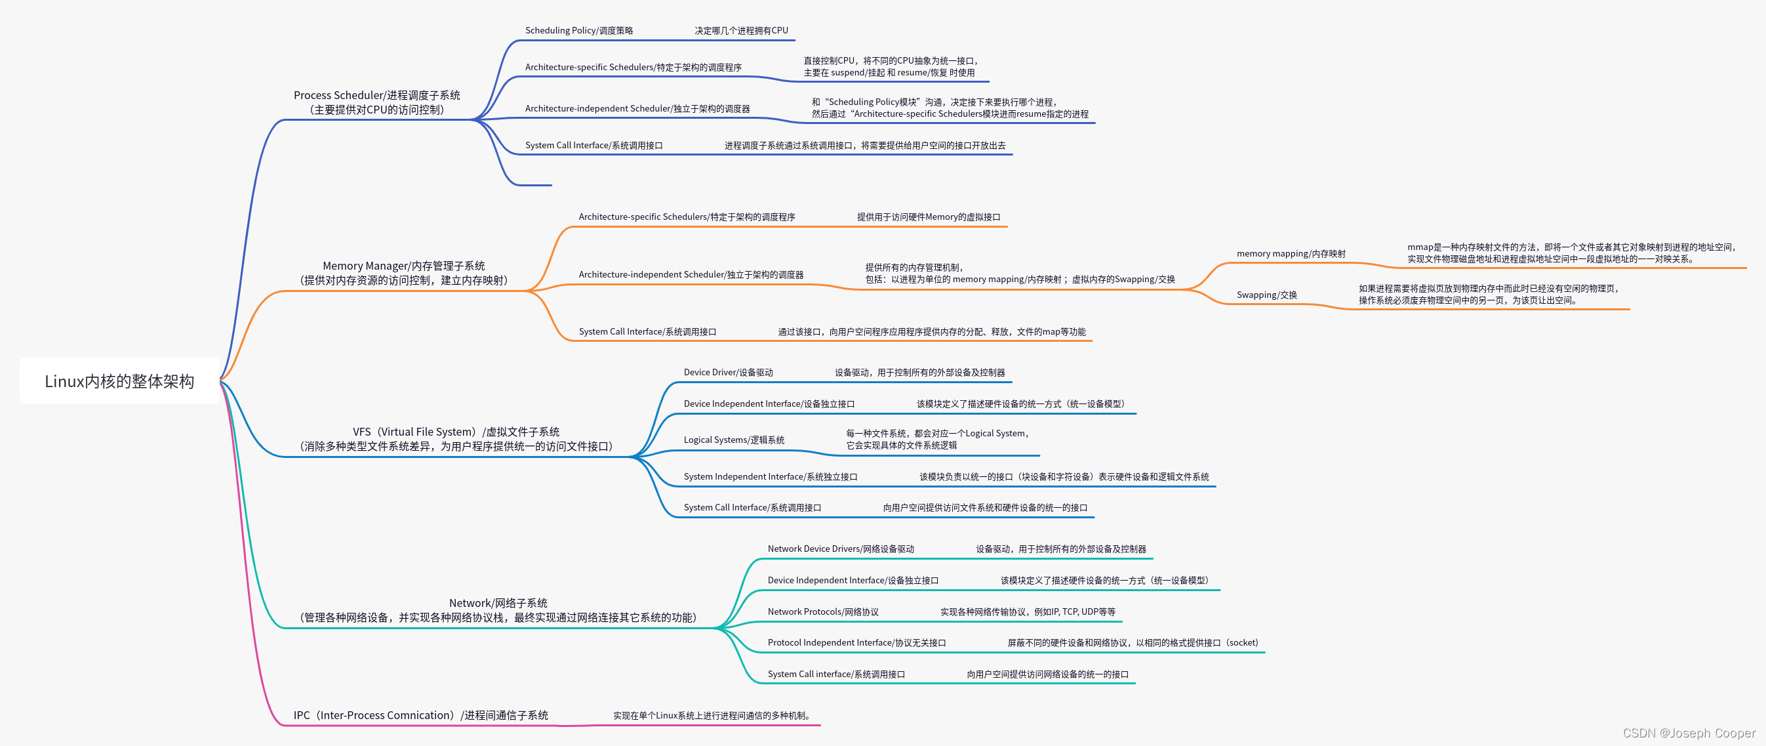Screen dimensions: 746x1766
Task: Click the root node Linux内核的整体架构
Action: tap(119, 381)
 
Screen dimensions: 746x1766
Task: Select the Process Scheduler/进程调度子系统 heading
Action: tap(376, 95)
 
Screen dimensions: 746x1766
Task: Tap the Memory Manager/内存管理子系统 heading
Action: tap(403, 266)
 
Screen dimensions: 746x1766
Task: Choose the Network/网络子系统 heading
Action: tap(498, 604)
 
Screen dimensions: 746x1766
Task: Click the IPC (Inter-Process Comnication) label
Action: tap(420, 715)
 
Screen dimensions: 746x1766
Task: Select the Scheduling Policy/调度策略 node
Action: tap(578, 31)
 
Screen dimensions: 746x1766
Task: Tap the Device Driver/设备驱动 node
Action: tap(728, 372)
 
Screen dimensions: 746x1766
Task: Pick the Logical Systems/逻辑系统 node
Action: tap(734, 440)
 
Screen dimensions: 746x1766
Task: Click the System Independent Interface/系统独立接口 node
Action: tap(770, 476)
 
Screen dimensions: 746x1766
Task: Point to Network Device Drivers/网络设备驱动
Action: tap(841, 549)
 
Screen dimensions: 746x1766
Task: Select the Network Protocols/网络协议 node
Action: tap(823, 611)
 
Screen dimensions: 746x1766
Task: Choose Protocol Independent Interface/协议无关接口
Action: tap(856, 643)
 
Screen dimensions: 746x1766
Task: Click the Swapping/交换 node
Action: tap(1266, 295)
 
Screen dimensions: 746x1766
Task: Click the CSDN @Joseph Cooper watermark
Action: tap(1689, 733)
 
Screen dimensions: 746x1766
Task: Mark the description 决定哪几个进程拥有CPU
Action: tap(741, 31)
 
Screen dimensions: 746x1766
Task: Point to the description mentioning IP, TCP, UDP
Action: tap(1027, 611)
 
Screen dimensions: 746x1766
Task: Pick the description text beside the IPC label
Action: tap(712, 716)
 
